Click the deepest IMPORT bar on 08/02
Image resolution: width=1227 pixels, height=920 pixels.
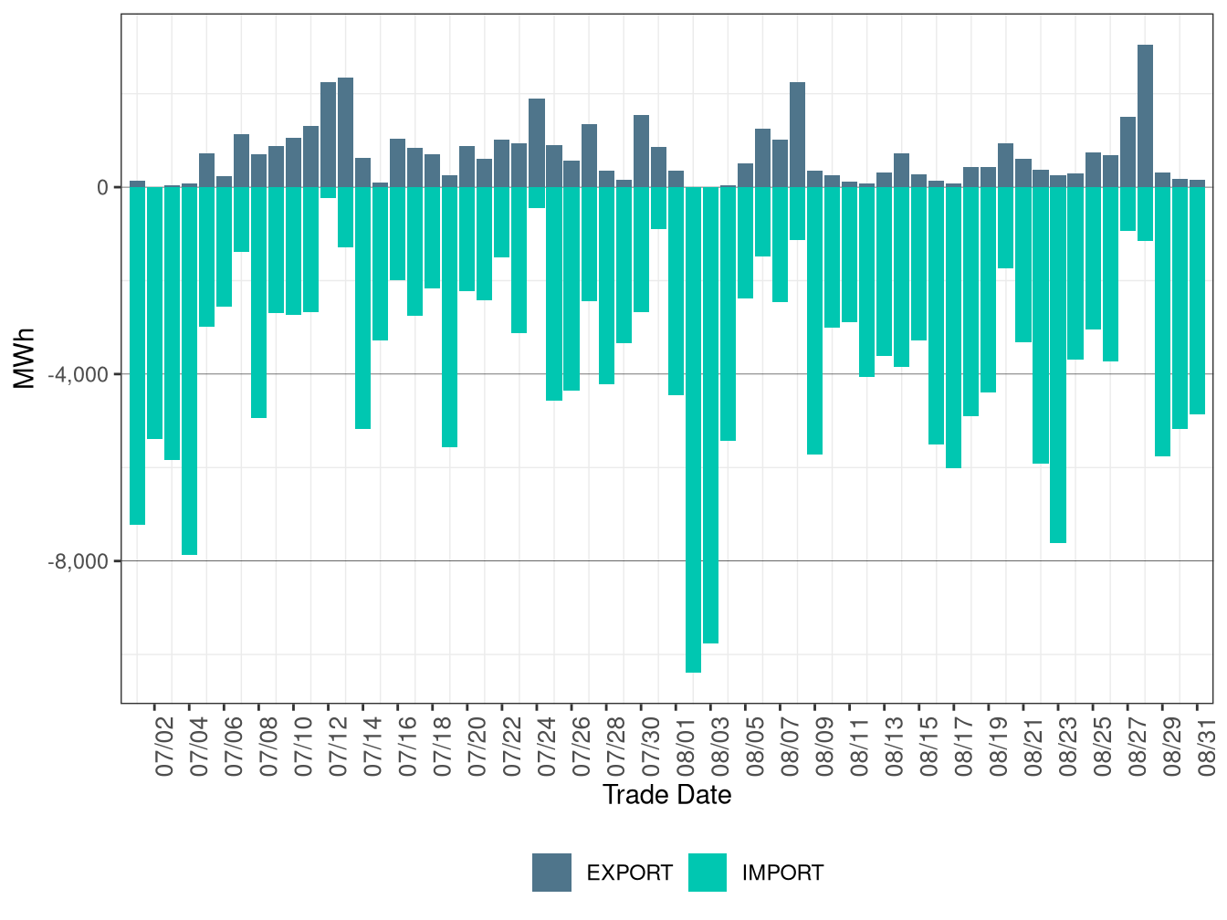pyautogui.click(x=693, y=429)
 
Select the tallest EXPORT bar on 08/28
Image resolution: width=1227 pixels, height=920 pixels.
pyautogui.click(x=1144, y=116)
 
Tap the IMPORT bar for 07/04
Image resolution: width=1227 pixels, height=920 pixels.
pyautogui.click(x=190, y=371)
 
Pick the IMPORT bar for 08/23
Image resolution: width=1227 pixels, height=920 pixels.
pyautogui.click(x=1057, y=365)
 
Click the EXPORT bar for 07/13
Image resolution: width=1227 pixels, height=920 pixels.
pyautogui.click(x=345, y=132)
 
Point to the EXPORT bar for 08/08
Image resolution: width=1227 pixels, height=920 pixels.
pyautogui.click(x=797, y=134)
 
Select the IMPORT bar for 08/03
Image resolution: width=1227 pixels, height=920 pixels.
pyautogui.click(x=710, y=415)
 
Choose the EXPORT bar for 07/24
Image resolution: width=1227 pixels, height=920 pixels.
pyautogui.click(x=537, y=143)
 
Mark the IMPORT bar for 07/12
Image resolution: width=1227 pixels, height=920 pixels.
pyautogui.click(x=328, y=193)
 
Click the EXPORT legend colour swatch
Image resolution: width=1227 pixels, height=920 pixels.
pyautogui.click(x=551, y=873)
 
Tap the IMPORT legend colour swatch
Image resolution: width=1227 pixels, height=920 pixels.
pyautogui.click(x=708, y=873)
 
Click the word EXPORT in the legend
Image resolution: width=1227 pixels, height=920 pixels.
pyautogui.click(x=629, y=873)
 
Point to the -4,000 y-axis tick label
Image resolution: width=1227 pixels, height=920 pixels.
pyautogui.click(x=79, y=374)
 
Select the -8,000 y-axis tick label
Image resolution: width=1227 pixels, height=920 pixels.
pyautogui.click(x=79, y=560)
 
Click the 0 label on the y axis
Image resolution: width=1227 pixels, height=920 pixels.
pyautogui.click(x=102, y=188)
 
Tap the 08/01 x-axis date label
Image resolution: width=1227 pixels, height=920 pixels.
pyautogui.click(x=686, y=747)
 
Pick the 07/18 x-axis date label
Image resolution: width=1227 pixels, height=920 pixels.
pyautogui.click(x=442, y=747)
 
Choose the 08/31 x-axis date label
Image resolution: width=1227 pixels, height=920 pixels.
pyautogui.click(x=1206, y=747)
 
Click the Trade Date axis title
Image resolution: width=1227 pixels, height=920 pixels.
pyautogui.click(x=666, y=795)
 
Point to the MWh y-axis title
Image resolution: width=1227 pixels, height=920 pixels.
pyautogui.click(x=24, y=358)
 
